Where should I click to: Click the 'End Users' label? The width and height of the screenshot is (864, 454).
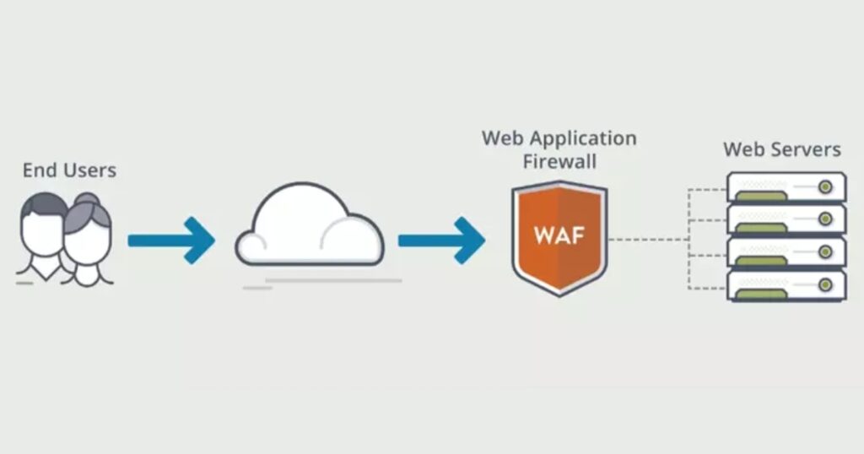[69, 170]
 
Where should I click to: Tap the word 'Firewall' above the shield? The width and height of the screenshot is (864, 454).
[559, 161]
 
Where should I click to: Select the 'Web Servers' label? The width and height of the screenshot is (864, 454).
[782, 149]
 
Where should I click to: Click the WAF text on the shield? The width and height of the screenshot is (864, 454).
[559, 235]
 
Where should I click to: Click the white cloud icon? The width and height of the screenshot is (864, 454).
[310, 225]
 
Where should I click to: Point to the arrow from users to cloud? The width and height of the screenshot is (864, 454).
[171, 241]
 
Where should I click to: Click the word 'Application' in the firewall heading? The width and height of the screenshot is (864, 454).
[581, 138]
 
